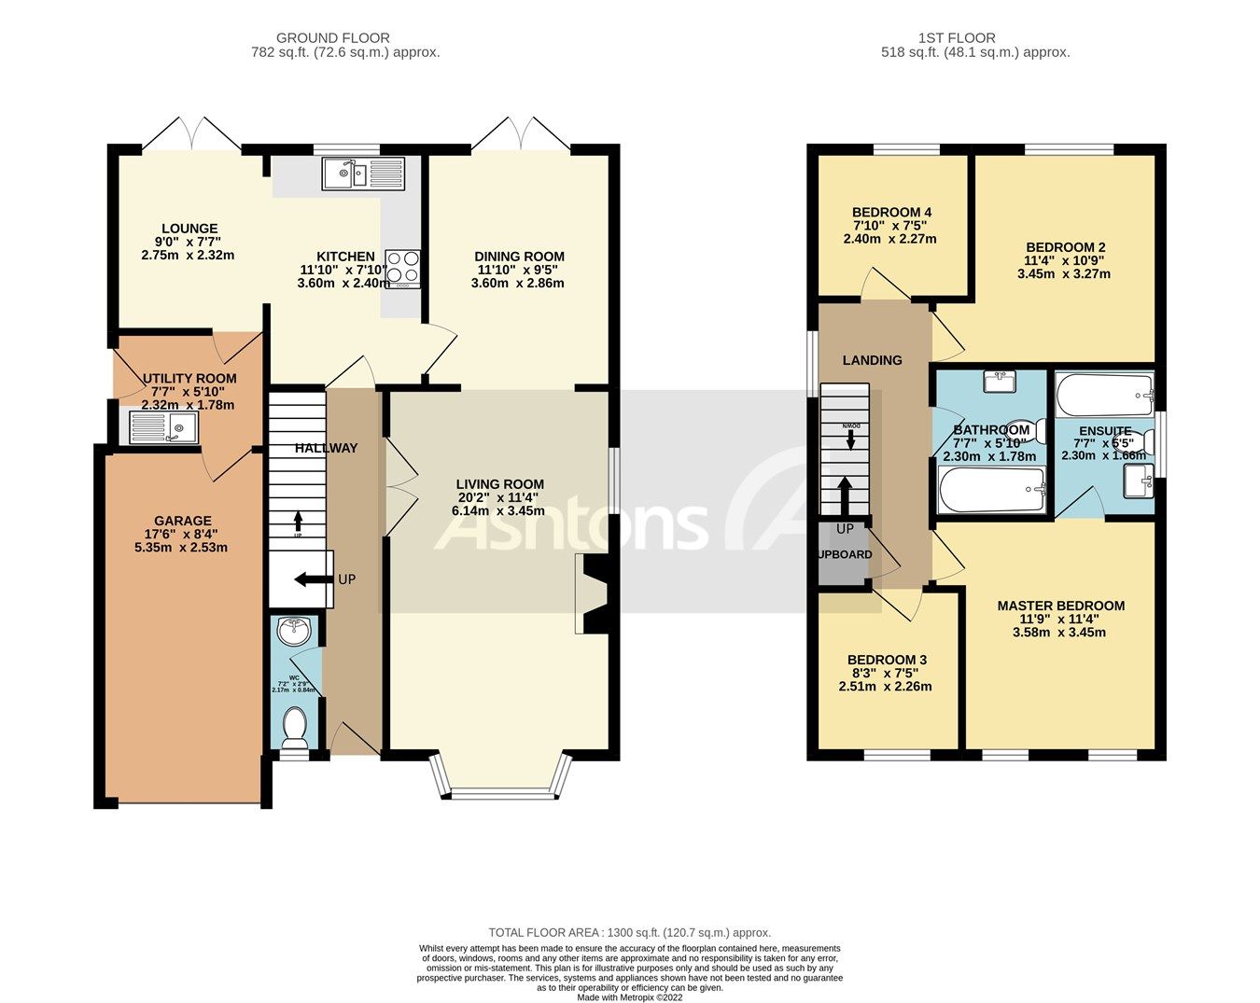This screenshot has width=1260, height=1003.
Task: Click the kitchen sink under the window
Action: click(364, 174)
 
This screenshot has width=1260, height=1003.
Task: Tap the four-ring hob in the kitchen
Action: click(402, 269)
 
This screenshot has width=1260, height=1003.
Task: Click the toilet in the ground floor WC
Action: click(295, 726)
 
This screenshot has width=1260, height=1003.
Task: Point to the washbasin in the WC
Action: click(295, 631)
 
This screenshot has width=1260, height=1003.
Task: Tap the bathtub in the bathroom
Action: click(991, 490)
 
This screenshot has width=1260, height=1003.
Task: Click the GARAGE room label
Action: click(183, 521)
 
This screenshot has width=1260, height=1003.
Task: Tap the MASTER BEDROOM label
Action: click(1060, 606)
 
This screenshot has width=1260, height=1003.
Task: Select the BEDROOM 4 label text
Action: click(891, 212)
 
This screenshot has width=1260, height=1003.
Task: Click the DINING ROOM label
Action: click(519, 257)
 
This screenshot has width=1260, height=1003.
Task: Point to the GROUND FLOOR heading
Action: click(345, 38)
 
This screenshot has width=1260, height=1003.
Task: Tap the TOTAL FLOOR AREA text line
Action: click(630, 932)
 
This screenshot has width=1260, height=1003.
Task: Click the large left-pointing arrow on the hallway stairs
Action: click(313, 579)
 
